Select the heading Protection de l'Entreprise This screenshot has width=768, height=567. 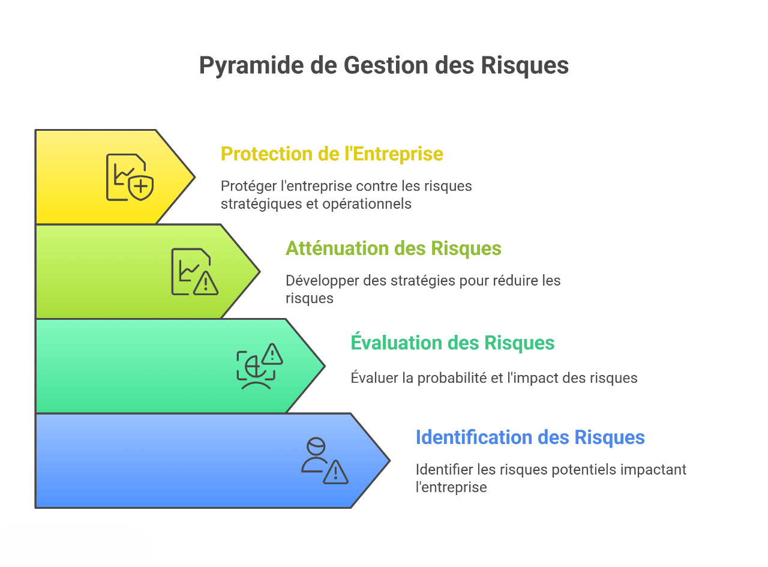[x=332, y=154]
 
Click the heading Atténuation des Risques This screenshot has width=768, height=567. [x=393, y=248]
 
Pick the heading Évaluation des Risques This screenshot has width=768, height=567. [x=452, y=343]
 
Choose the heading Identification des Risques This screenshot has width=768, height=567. [x=530, y=437]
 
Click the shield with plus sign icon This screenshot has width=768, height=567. [x=142, y=187]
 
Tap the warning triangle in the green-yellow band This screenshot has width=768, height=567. [x=206, y=283]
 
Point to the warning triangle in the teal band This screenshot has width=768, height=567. [x=272, y=355]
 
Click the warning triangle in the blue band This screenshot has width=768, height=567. [x=336, y=472]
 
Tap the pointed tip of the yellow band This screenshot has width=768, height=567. [x=194, y=177]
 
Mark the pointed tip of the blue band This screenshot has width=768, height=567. [x=389, y=461]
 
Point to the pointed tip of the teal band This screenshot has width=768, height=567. [x=324, y=366]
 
